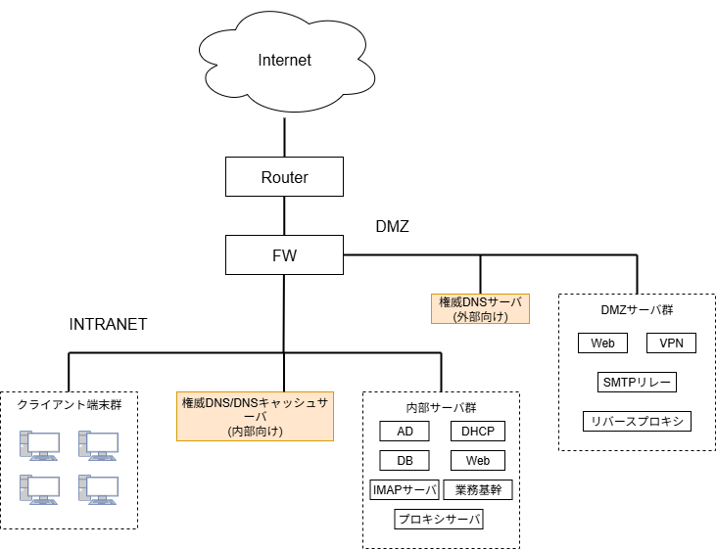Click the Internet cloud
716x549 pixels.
point(284,61)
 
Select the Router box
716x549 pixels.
point(284,177)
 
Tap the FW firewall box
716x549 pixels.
point(284,255)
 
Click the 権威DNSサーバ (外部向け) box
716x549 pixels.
point(480,309)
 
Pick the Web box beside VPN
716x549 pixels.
point(602,343)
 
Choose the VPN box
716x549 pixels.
point(671,343)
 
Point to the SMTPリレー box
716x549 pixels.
point(637,383)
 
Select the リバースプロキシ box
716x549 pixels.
point(637,422)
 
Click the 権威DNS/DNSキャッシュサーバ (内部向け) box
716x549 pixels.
point(255,416)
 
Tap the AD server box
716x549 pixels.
point(405,432)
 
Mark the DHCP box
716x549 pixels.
point(477,432)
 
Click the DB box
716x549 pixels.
point(405,461)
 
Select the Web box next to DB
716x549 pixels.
point(477,461)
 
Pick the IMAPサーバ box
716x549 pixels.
point(404,490)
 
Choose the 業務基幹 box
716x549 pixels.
point(478,490)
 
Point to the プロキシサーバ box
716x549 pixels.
point(439,520)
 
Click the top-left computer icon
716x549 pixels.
point(40,445)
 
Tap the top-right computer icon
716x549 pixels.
point(98,445)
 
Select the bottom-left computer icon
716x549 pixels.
point(40,488)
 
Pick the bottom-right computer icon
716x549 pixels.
point(98,488)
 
